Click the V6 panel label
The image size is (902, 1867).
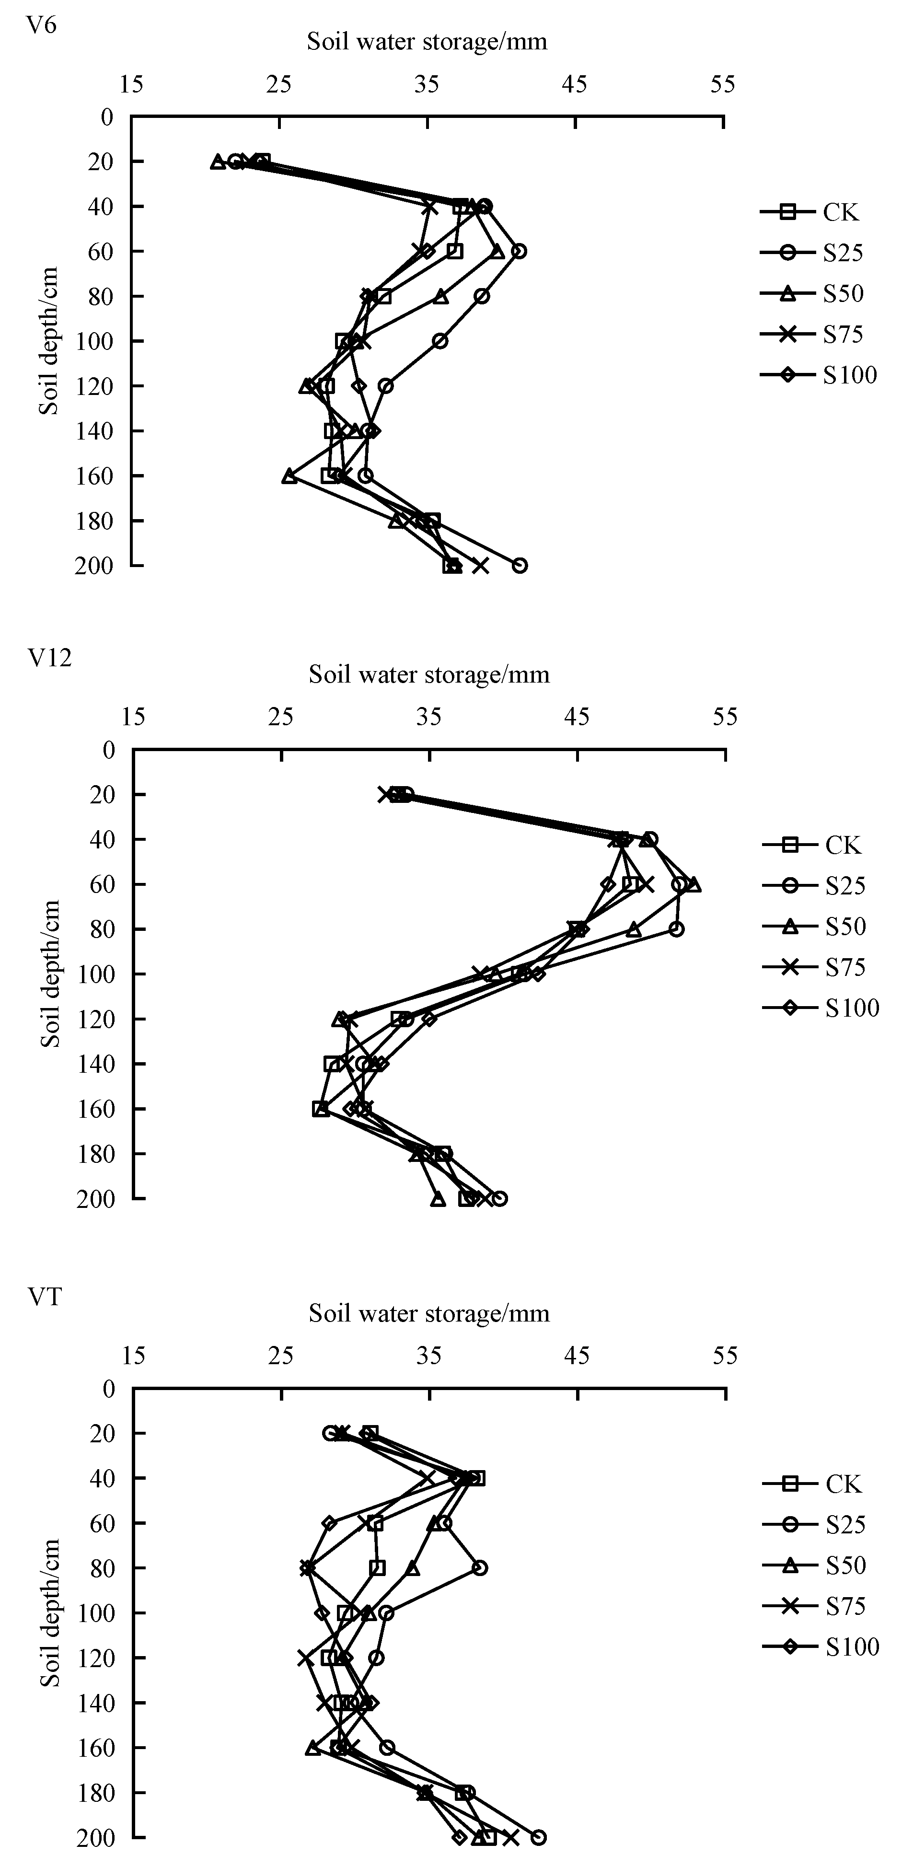41,25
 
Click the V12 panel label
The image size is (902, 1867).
49,657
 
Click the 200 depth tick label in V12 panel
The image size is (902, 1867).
95,1199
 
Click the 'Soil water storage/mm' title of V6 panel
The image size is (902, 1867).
427,41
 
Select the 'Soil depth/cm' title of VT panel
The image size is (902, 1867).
50,1612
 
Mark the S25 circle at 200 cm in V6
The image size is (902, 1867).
520,565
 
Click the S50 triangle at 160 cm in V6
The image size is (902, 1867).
289,476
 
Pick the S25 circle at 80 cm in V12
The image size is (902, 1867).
676,929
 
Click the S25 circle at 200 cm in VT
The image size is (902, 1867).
538,1836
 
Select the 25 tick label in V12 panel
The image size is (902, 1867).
281,718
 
